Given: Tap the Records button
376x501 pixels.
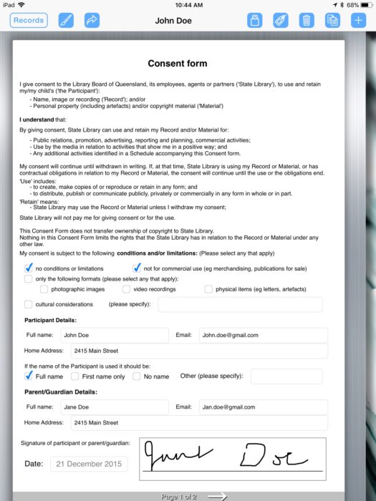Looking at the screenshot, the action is pyautogui.click(x=29, y=21).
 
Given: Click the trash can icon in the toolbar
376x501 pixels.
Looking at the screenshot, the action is pyautogui.click(x=307, y=21).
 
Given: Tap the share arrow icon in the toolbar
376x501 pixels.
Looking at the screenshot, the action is pyautogui.click(x=92, y=21).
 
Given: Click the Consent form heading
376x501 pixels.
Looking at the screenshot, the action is pyautogui.click(x=177, y=64).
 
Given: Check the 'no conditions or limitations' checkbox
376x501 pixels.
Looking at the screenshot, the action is pyautogui.click(x=29, y=268).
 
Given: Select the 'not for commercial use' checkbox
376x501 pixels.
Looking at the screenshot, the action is pyautogui.click(x=137, y=268).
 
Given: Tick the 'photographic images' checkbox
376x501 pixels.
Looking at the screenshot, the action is pyautogui.click(x=44, y=289).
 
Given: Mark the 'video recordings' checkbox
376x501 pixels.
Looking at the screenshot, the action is pyautogui.click(x=126, y=289).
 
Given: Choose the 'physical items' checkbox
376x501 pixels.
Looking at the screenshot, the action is pyautogui.click(x=208, y=289).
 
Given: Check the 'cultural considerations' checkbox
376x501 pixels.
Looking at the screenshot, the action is pyautogui.click(x=29, y=304).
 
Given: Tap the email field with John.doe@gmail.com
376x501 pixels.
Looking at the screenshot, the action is pyautogui.click(x=263, y=335).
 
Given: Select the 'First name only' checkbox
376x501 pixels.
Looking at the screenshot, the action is pyautogui.click(x=75, y=376).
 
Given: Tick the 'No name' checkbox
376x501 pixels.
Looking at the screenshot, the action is pyautogui.click(x=137, y=376).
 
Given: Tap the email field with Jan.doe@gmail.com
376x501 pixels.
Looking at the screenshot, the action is pyautogui.click(x=263, y=407).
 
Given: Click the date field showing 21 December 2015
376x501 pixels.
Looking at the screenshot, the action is pyautogui.click(x=89, y=464).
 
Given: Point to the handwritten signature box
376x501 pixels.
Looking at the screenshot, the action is pyautogui.click(x=232, y=457).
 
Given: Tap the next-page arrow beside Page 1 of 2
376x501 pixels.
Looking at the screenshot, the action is pyautogui.click(x=217, y=496).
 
